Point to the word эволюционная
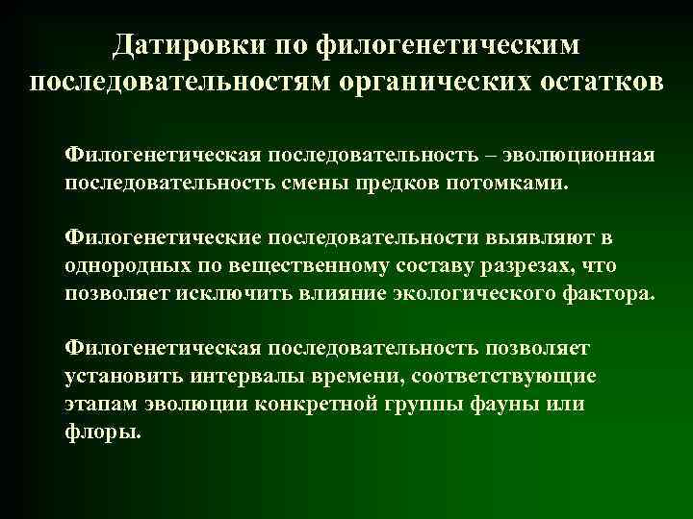coord(581,156)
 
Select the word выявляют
coord(544,236)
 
